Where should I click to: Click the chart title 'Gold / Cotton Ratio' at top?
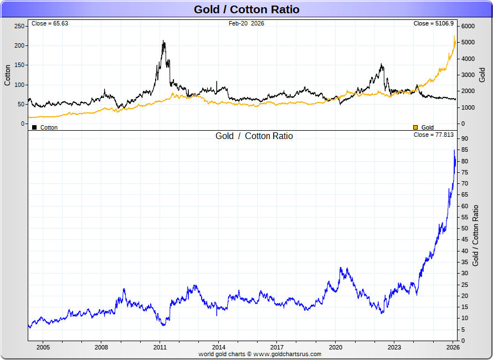point(247,9)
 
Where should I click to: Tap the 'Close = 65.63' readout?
point(50,24)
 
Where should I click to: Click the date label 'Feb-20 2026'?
point(247,24)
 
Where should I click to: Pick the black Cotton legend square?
point(34,127)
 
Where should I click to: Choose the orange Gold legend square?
point(416,127)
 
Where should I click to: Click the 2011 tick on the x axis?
point(160,347)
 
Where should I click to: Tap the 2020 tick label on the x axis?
point(336,347)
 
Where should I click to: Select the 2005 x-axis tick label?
point(43,347)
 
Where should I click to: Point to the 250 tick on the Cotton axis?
point(19,26)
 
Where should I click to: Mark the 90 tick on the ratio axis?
point(464,139)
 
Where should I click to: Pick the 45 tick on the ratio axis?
point(464,240)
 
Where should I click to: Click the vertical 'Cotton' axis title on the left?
point(8,75)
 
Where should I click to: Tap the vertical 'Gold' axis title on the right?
point(482,75)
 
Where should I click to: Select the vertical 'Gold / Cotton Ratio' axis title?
point(475,235)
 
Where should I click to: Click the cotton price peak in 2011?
point(163,41)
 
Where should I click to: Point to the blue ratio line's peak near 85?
point(454,150)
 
